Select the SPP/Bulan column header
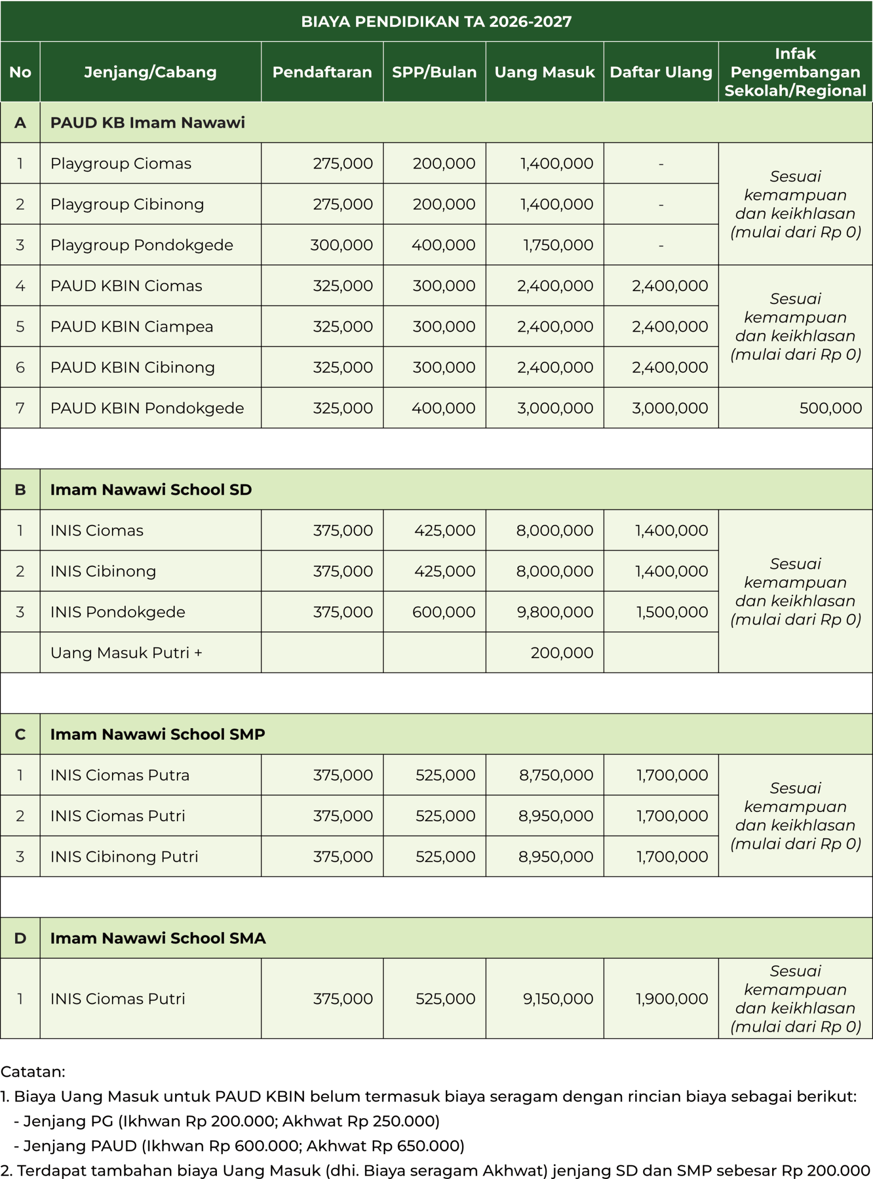434,72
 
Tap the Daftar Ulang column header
661,72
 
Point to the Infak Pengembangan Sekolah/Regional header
795,72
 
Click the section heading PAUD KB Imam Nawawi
147,123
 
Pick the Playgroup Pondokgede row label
141,245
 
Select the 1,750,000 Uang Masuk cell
558,245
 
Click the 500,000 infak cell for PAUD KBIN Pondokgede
830,408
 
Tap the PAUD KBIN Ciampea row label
132,327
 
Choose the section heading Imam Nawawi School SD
151,490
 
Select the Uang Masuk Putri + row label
126,653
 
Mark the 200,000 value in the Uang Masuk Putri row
562,653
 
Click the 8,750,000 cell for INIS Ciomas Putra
556,775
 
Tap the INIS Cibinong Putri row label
124,856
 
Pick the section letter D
20,938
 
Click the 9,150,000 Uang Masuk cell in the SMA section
558,998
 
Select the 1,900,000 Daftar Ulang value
671,998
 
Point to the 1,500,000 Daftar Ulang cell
672,612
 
